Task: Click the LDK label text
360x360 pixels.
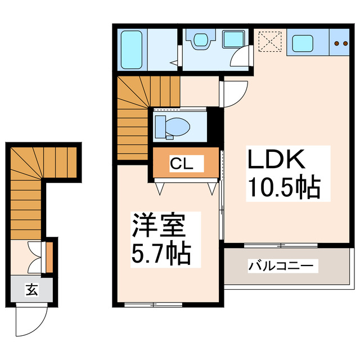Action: pyautogui.click(x=276, y=159)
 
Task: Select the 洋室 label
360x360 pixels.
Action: pyautogui.click(x=159, y=225)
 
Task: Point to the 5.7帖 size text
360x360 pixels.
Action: pyautogui.click(x=161, y=254)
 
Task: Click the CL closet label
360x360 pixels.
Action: pyautogui.click(x=181, y=164)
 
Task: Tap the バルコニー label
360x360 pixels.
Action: pyautogui.click(x=281, y=266)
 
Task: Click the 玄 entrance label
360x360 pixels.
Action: pyautogui.click(x=31, y=290)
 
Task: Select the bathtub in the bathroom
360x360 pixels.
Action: pyautogui.click(x=132, y=49)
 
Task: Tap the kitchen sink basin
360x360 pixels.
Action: pyautogui.click(x=303, y=43)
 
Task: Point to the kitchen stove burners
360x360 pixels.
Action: pyautogui.click(x=341, y=43)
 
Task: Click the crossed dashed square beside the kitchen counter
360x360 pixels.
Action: pyautogui.click(x=270, y=42)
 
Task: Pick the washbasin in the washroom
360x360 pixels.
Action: pyautogui.click(x=201, y=39)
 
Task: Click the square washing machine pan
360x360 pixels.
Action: pyautogui.click(x=234, y=39)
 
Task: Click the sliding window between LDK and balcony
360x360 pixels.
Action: pyautogui.click(x=281, y=245)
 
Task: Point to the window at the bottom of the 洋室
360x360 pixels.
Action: pyautogui.click(x=153, y=305)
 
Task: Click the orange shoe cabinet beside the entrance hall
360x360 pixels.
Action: pyautogui.click(x=49, y=257)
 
